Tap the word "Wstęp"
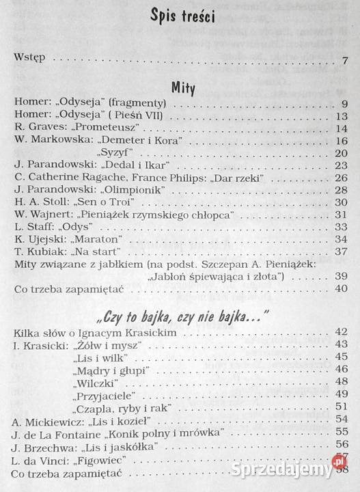point(29,58)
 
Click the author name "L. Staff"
point(32,226)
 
